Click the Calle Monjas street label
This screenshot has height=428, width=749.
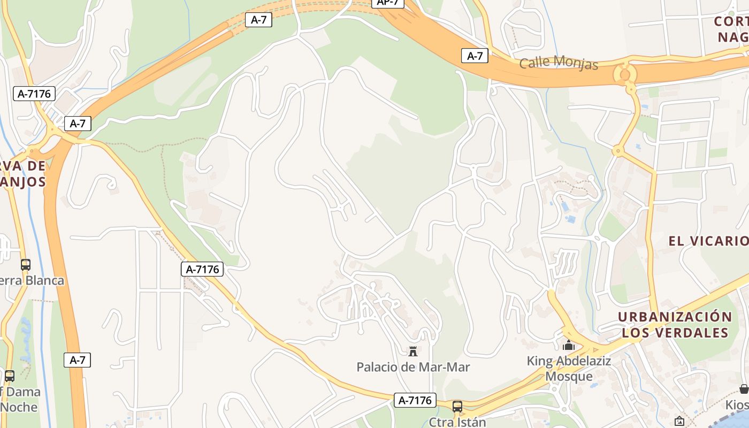[559, 63]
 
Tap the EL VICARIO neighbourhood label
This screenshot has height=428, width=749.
[708, 241]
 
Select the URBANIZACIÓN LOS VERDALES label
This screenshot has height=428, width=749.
[675, 325]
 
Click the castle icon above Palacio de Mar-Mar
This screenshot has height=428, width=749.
[412, 351]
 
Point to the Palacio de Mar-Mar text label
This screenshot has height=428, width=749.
[413, 367]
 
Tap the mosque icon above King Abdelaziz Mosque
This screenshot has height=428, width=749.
[569, 346]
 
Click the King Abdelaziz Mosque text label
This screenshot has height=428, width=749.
[569, 369]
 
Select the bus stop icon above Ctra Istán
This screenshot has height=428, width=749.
[457, 407]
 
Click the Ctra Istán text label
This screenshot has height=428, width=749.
[457, 422]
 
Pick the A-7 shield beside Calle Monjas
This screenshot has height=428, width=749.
[475, 56]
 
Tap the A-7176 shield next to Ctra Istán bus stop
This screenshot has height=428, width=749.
[415, 400]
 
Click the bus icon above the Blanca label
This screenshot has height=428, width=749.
[25, 265]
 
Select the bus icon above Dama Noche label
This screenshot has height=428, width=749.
[9, 376]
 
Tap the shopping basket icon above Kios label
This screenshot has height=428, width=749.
[744, 389]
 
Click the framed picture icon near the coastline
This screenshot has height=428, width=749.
[679, 421]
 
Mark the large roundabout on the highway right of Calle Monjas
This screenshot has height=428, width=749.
[625, 73]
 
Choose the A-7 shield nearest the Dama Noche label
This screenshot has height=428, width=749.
[78, 360]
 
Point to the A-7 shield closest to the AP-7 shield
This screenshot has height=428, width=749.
[258, 20]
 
